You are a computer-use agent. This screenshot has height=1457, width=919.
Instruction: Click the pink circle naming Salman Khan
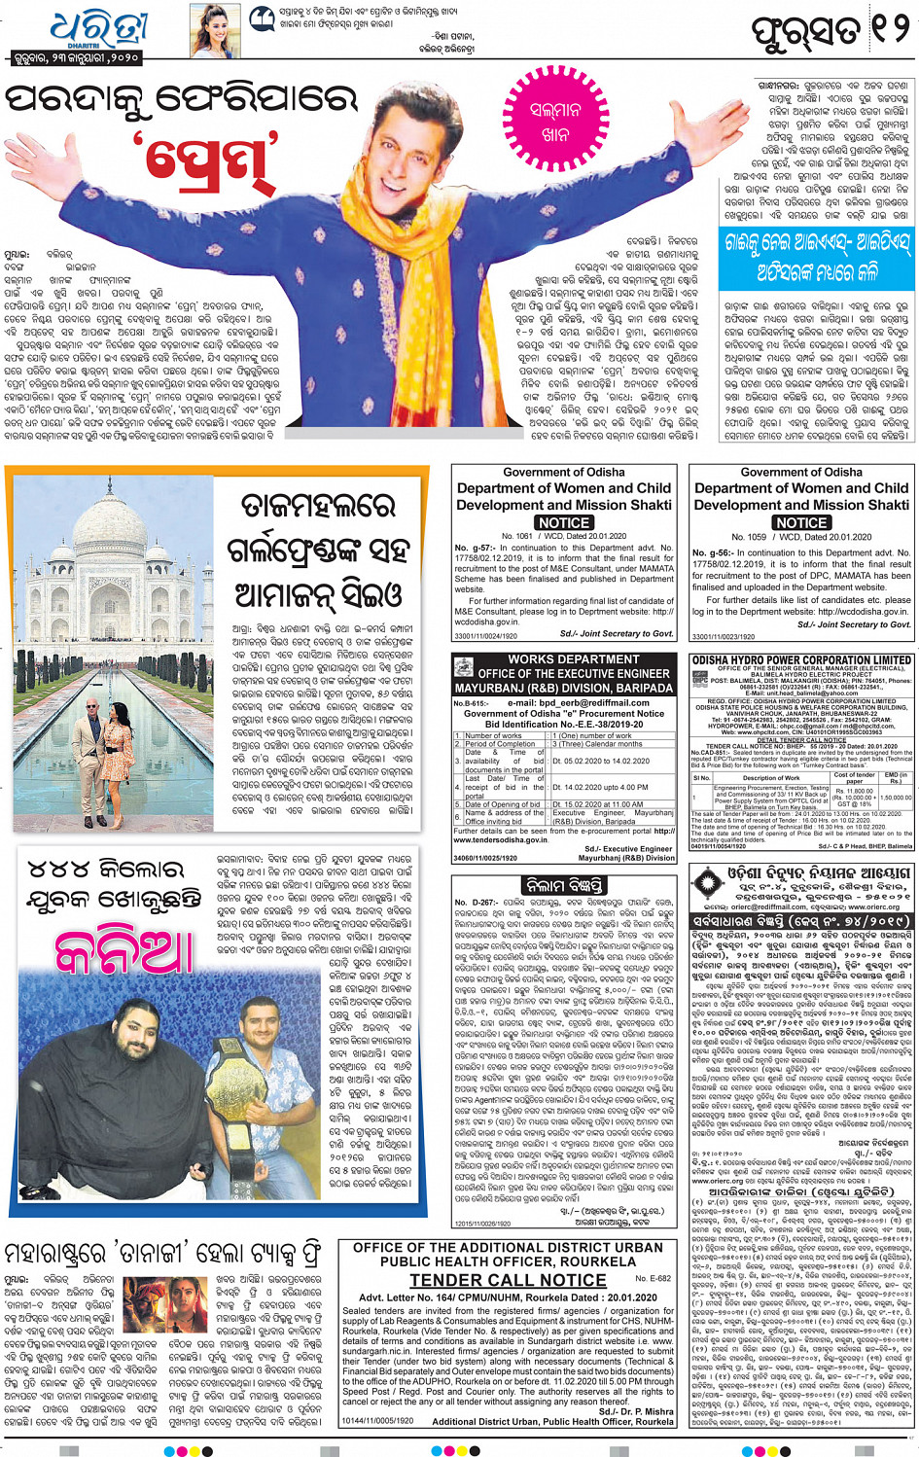pos(555,124)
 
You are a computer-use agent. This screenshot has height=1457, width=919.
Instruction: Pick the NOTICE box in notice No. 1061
pos(564,522)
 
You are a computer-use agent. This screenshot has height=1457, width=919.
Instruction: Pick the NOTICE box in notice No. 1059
pos(801,522)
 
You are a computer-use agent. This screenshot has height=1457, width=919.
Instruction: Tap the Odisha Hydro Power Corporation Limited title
pos(802,659)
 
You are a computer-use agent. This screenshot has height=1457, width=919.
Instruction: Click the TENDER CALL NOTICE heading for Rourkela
pos(507,1280)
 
